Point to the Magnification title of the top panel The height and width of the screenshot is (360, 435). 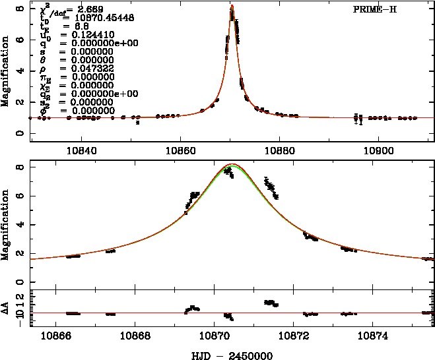[x=5, y=73]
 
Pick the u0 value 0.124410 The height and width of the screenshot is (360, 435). [x=82, y=34]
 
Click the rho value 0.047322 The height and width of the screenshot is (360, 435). [x=82, y=67]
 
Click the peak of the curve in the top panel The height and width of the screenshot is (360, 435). [x=232, y=6]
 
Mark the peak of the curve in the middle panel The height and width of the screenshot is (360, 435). [x=232, y=164]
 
